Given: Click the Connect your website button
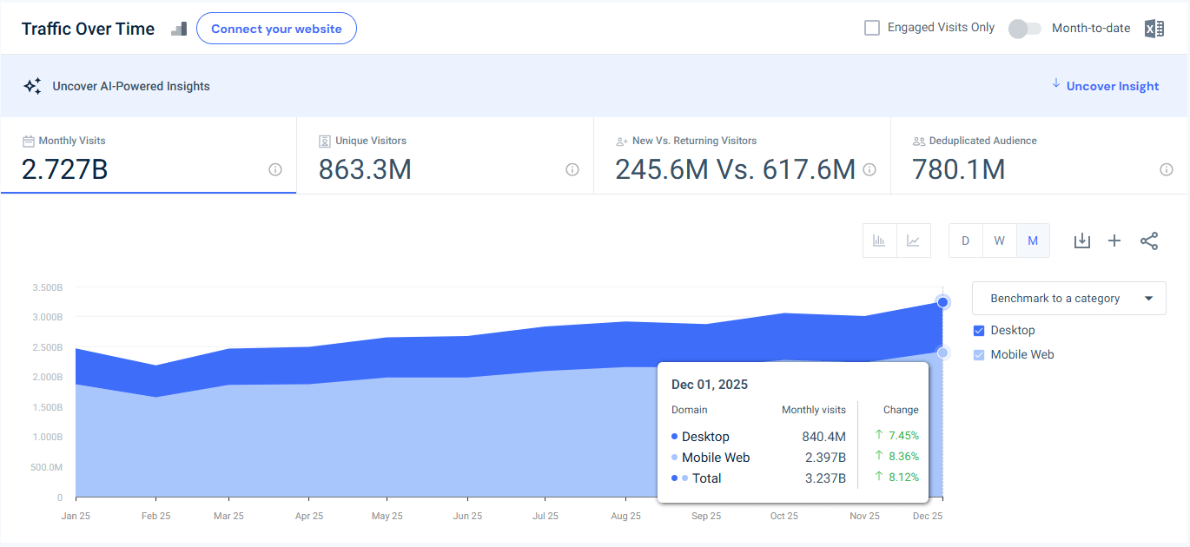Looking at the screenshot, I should click(276, 29).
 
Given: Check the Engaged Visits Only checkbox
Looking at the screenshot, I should click(872, 28).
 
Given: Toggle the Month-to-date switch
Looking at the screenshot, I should click(1024, 29).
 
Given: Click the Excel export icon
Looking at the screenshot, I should click(1154, 29).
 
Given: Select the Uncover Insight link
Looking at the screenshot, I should click(1112, 86).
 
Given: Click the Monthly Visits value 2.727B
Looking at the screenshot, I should click(64, 169).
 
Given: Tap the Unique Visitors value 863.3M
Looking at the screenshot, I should click(365, 169).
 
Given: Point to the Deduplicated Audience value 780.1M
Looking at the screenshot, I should click(958, 169).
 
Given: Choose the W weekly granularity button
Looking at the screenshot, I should click(999, 241).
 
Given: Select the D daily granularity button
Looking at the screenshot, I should click(965, 241).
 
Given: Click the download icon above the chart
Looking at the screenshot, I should click(1081, 241).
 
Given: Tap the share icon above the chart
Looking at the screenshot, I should click(1149, 241).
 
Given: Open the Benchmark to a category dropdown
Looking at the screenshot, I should click(1068, 298).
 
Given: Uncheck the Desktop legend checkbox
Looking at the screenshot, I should click(979, 331).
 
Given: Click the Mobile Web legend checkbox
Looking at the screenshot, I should click(979, 355).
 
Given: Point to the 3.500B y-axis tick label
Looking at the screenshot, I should click(47, 287).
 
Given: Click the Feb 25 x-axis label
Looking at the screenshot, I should click(155, 516).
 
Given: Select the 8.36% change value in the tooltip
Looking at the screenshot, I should click(902, 457).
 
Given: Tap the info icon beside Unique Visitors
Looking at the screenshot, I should click(572, 169).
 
